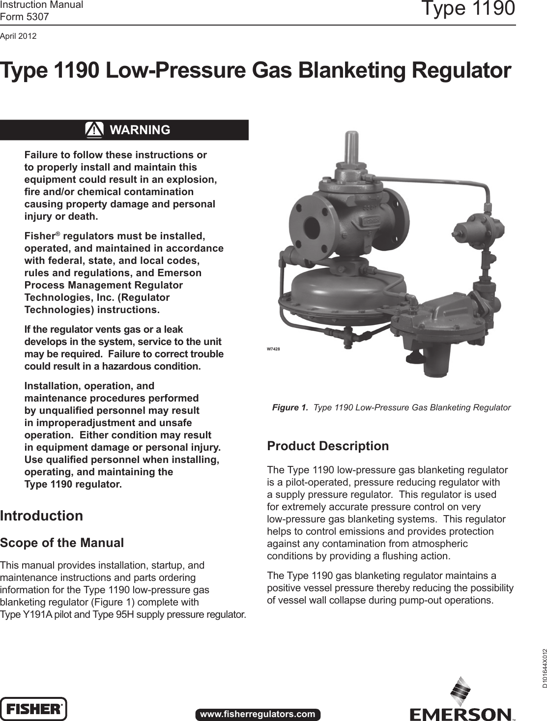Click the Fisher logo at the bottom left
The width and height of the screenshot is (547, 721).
click(33, 708)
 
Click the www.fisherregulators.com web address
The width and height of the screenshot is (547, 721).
click(258, 714)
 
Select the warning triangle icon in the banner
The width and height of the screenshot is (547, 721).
click(94, 130)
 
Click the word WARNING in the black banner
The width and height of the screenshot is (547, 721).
click(140, 130)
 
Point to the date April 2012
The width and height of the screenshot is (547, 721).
click(18, 36)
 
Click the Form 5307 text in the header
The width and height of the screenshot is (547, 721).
click(25, 17)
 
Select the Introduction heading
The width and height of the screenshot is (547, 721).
click(42, 516)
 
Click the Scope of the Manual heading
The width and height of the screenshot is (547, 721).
click(62, 543)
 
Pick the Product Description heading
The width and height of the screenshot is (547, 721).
click(328, 446)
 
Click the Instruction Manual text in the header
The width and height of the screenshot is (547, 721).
click(42, 5)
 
